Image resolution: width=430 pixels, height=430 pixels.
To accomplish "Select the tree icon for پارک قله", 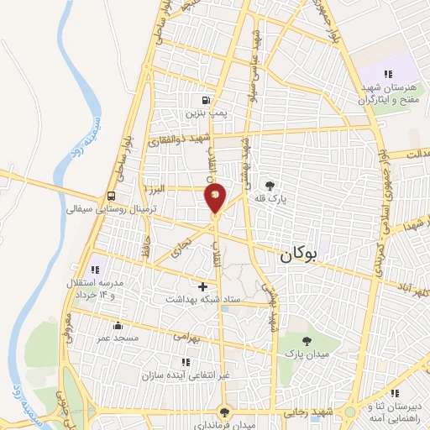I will click(x=270, y=186).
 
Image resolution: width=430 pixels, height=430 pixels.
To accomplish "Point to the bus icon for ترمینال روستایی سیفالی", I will click(x=112, y=195).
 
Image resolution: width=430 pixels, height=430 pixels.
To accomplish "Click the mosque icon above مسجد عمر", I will click(x=116, y=325).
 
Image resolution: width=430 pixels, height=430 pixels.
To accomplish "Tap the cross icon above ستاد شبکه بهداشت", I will click(x=202, y=286).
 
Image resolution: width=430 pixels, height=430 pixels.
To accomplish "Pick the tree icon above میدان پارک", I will click(x=306, y=341).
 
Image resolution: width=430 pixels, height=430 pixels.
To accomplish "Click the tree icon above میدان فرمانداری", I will click(x=223, y=412).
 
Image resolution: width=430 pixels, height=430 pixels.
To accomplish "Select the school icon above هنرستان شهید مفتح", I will click(x=388, y=74).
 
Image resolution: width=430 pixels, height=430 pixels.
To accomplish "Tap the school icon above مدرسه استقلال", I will click(x=95, y=270).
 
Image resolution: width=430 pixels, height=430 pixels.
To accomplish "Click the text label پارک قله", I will click(x=271, y=199).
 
